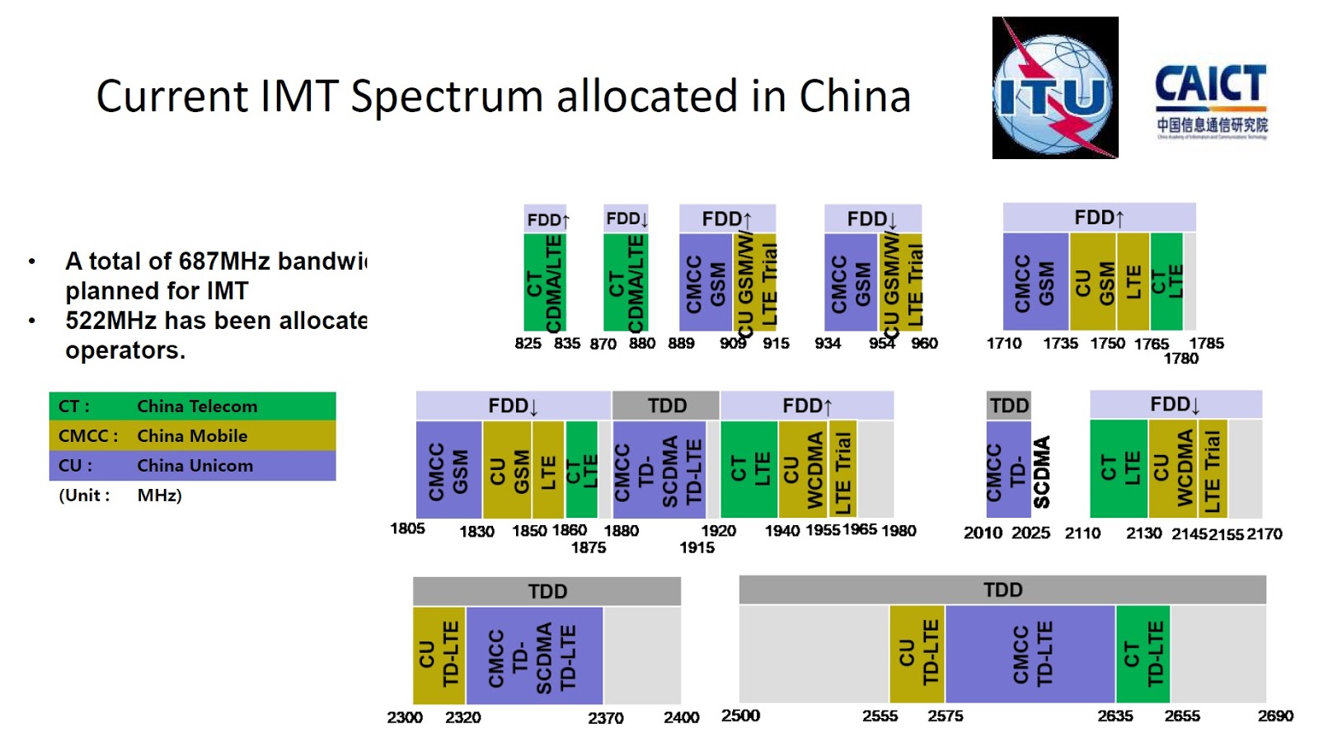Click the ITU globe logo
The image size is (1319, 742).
pyautogui.click(x=1054, y=88)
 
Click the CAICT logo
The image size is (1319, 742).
pyautogui.click(x=1210, y=101)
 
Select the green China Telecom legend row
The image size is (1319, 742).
pyautogui.click(x=192, y=406)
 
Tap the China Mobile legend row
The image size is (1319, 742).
pyautogui.click(x=192, y=436)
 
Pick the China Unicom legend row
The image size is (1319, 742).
pyautogui.click(x=192, y=466)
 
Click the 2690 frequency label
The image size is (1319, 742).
pyautogui.click(x=1274, y=716)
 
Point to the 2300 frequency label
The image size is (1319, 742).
pyautogui.click(x=405, y=717)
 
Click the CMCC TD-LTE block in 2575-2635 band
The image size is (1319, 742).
pyautogui.click(x=1030, y=654)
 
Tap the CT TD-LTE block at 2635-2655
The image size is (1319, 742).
pyautogui.click(x=1143, y=654)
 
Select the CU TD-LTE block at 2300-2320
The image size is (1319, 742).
pyautogui.click(x=439, y=655)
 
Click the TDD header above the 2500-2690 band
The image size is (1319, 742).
pyautogui.click(x=1002, y=590)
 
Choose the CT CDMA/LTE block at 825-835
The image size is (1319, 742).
pyautogui.click(x=545, y=282)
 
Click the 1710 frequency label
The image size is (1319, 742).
pyautogui.click(x=1003, y=343)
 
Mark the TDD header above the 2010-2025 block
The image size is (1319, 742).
pyautogui.click(x=1009, y=406)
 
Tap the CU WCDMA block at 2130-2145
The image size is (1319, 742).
pyautogui.click(x=1173, y=469)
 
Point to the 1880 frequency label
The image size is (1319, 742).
pyautogui.click(x=621, y=531)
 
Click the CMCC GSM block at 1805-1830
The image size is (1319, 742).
pyautogui.click(x=448, y=469)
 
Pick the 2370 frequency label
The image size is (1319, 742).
pyautogui.click(x=605, y=718)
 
